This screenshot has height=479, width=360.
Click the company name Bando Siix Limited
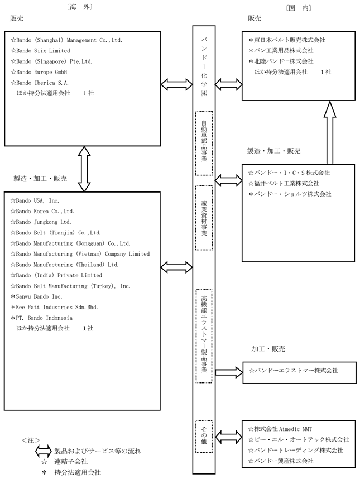click(x=43, y=51)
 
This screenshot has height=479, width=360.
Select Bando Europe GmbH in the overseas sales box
click(x=41, y=72)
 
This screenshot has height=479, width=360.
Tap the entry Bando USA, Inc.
click(x=37, y=201)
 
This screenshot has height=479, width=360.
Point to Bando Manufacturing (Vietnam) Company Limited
click(x=83, y=254)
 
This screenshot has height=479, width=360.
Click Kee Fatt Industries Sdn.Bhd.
click(x=57, y=307)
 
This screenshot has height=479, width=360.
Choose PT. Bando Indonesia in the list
click(x=44, y=318)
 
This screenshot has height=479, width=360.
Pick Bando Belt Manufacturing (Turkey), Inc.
click(x=73, y=286)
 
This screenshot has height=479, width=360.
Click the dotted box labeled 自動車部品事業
click(x=204, y=143)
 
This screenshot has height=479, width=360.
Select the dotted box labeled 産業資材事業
click(x=204, y=218)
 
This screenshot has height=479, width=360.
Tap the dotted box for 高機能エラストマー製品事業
click(x=204, y=336)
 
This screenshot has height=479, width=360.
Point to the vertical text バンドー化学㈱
click(x=204, y=67)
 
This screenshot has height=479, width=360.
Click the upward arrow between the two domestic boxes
click(x=330, y=132)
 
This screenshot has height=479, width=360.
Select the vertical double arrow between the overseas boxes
click(x=84, y=169)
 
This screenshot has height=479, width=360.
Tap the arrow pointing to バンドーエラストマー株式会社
click(x=229, y=372)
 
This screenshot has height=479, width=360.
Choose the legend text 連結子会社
click(x=71, y=462)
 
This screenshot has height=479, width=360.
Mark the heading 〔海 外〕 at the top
click(x=79, y=7)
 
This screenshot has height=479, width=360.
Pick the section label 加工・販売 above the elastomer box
click(x=268, y=349)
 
